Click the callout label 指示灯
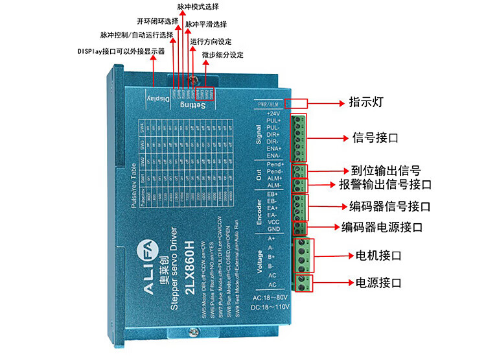pyautogui.click(x=367, y=102)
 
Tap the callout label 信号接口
pyautogui.click(x=376, y=138)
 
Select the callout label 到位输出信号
pyautogui.click(x=386, y=171)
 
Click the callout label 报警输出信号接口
pyautogui.click(x=385, y=185)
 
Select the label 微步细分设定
pyautogui.click(x=222, y=54)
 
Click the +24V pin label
pyautogui.click(x=273, y=114)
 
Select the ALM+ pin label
pyautogui.click(x=273, y=178)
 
